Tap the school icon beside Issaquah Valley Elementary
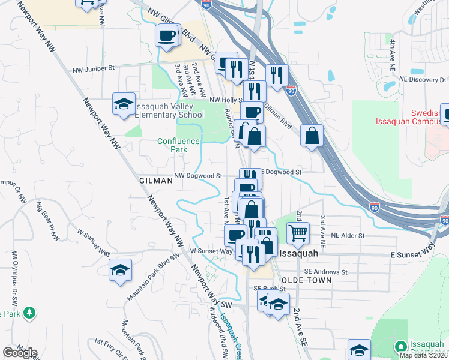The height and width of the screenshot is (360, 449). tap(124, 104)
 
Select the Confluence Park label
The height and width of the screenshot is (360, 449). tap(178, 145)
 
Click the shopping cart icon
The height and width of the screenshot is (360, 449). tap(298, 232)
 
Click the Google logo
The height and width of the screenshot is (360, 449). tap(20, 353)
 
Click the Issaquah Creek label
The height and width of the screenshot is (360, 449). tap(229, 330)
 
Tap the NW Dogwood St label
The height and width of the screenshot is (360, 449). tap(198, 176)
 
